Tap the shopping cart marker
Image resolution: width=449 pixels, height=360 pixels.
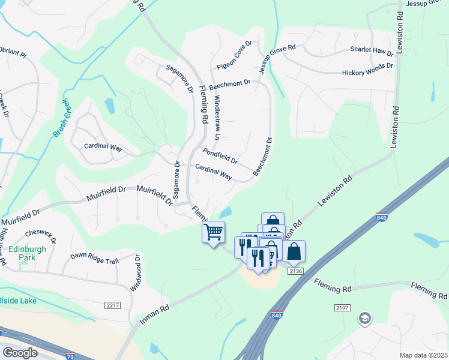point(214,232)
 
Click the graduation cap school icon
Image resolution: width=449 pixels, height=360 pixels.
point(364,318)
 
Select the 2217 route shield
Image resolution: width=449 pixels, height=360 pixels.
point(112,305)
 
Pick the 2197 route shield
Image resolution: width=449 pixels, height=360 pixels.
point(342,307)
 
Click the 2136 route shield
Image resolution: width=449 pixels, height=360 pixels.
point(294,271)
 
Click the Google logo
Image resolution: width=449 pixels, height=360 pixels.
point(20,353)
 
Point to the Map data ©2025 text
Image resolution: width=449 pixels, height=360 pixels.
point(423,355)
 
